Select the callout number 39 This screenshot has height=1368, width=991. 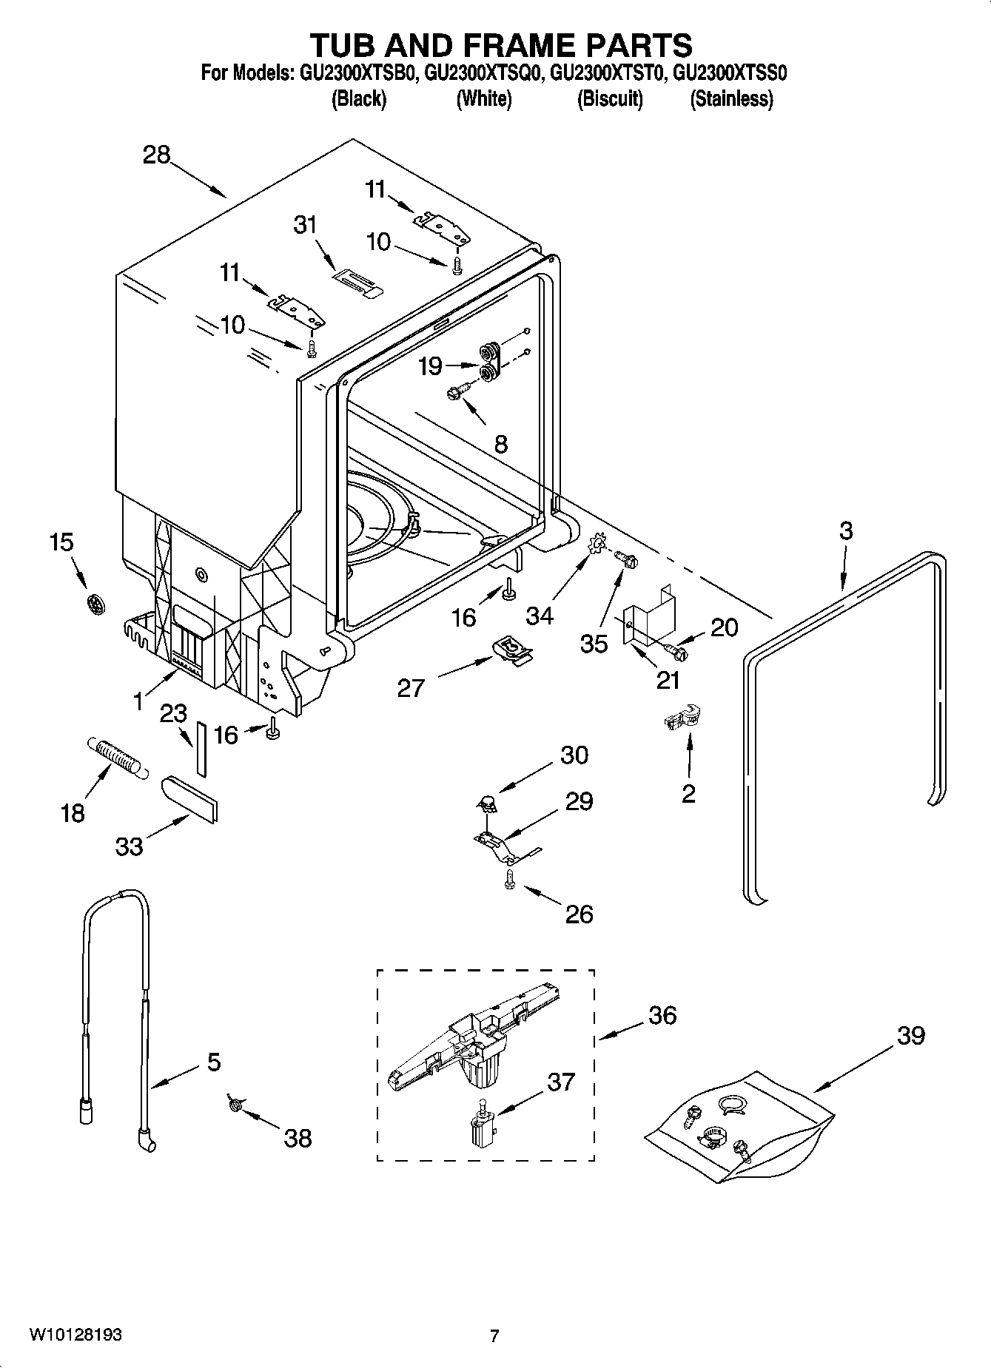(x=911, y=1035)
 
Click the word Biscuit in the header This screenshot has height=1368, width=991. (x=610, y=98)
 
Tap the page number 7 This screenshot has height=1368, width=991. (x=494, y=1335)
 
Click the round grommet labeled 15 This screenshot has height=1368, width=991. (x=95, y=604)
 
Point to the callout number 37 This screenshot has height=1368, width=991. (x=561, y=1082)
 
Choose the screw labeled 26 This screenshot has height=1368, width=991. (x=509, y=879)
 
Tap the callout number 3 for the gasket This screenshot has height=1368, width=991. (x=845, y=530)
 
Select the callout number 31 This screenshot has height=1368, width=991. (x=305, y=224)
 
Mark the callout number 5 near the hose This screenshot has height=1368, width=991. (x=213, y=1062)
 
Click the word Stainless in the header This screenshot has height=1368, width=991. (x=731, y=98)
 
